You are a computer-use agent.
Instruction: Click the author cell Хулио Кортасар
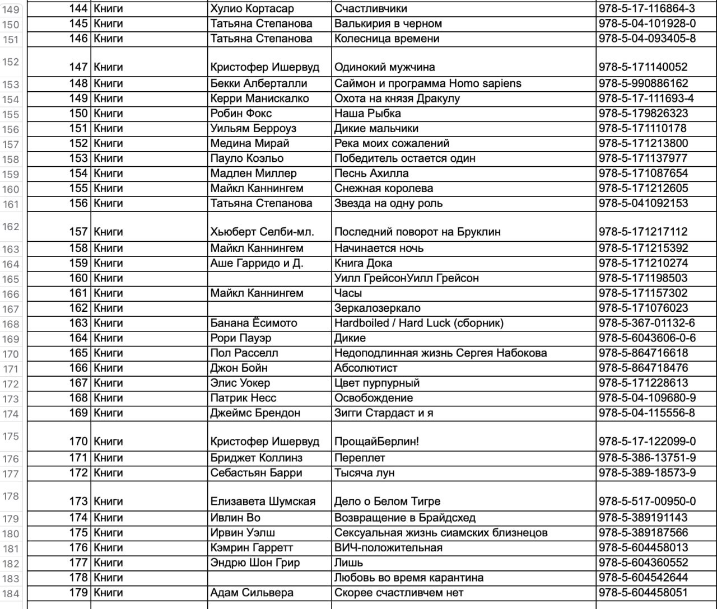pyautogui.click(x=252, y=9)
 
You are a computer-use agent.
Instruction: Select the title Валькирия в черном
pyautogui.click(x=388, y=24)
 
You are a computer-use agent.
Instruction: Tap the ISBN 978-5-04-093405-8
pyautogui.click(x=647, y=39)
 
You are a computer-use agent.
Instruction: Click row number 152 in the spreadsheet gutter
pyautogui.click(x=11, y=62)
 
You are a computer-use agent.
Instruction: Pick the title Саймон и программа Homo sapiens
pyautogui.click(x=427, y=83)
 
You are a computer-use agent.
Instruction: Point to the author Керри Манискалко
pyautogui.click(x=259, y=99)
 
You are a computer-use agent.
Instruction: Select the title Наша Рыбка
pyautogui.click(x=367, y=113)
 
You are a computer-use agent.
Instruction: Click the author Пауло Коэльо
pyautogui.click(x=247, y=158)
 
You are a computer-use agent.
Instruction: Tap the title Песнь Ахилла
pyautogui.click(x=371, y=173)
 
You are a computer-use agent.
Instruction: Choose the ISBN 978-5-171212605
pyautogui.click(x=643, y=188)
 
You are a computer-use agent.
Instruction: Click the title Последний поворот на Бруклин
pyautogui.click(x=417, y=232)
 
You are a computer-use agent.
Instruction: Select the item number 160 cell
pyautogui.click(x=78, y=278)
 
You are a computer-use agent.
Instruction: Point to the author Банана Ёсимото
pyautogui.click(x=254, y=323)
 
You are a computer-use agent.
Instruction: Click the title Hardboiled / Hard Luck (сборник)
pyautogui.click(x=419, y=323)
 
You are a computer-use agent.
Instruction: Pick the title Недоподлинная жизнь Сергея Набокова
pyautogui.click(x=440, y=353)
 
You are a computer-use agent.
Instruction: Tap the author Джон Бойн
pyautogui.click(x=239, y=368)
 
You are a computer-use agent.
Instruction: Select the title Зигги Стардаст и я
pyautogui.click(x=384, y=413)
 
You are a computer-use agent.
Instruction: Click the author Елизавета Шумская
pyautogui.click(x=263, y=502)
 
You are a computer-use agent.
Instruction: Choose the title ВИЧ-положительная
pyautogui.click(x=388, y=547)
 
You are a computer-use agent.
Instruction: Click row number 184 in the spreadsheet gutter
pyautogui.click(x=11, y=593)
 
